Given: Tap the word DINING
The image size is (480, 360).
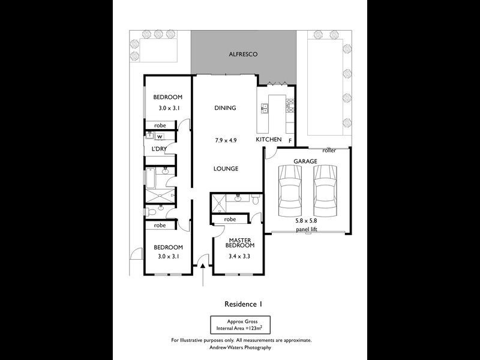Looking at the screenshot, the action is (x=225, y=108).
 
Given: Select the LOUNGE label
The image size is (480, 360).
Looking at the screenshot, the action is (x=226, y=169).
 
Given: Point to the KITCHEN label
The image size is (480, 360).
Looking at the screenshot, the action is (x=268, y=140).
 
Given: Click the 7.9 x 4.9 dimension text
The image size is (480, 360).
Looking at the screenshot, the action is (x=226, y=141).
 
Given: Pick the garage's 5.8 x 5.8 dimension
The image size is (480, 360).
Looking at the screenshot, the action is (x=306, y=220).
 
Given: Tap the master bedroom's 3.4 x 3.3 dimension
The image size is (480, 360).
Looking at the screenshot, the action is (x=239, y=256).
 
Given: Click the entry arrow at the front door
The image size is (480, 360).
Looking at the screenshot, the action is (x=203, y=275).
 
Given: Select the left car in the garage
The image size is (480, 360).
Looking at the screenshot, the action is (x=290, y=191).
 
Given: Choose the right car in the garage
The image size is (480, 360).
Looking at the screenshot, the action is (x=325, y=191).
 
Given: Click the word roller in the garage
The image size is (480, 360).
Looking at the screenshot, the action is (x=329, y=151).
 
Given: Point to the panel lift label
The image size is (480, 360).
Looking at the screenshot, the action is (x=307, y=229).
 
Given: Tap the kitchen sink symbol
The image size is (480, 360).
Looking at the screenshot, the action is (x=265, y=108).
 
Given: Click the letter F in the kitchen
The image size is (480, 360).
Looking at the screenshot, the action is (x=290, y=141).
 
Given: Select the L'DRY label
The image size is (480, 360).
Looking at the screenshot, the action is (x=159, y=149).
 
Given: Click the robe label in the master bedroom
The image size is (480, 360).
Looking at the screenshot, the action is (x=230, y=219).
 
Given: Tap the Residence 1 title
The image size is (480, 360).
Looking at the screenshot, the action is (x=244, y=304).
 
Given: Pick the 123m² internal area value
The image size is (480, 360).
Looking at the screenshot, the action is (x=254, y=328).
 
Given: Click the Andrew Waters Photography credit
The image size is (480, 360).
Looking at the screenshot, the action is (x=241, y=347).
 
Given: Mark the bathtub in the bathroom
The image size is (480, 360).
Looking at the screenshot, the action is (x=151, y=178).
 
